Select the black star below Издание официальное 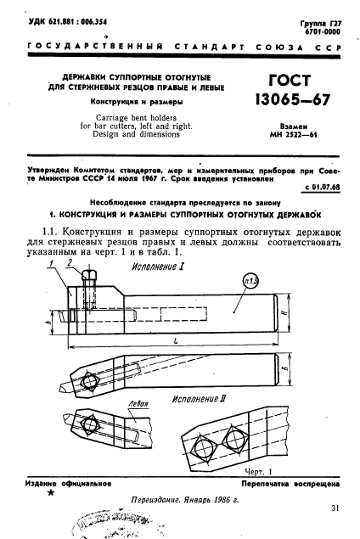[x=53, y=493]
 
